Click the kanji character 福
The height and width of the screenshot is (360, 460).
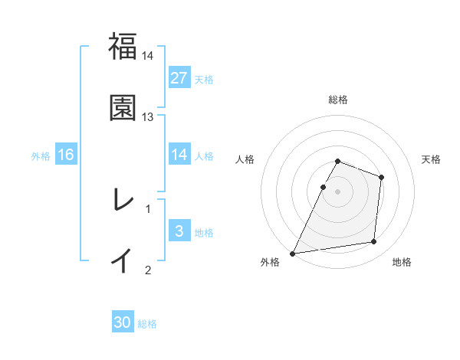(x=122, y=46)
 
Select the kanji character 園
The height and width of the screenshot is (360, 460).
(x=122, y=108)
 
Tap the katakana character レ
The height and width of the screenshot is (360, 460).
(x=122, y=199)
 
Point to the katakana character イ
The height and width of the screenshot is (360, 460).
(x=122, y=260)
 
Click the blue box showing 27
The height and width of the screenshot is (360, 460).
(x=179, y=78)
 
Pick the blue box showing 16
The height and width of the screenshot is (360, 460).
(x=66, y=155)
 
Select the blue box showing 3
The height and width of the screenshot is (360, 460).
(x=179, y=231)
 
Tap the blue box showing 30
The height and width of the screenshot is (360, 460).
(x=123, y=323)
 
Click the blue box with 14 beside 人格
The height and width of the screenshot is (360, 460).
(x=179, y=155)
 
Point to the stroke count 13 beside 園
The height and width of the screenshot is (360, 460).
(x=148, y=117)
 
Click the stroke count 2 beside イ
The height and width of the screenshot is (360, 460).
(x=148, y=270)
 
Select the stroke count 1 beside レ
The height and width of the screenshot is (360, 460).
(x=148, y=208)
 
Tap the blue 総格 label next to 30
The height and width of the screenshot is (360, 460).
(x=147, y=324)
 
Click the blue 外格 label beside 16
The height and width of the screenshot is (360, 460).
(x=41, y=156)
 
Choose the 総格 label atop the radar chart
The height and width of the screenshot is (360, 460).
(x=338, y=100)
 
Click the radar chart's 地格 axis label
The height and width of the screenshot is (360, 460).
(x=402, y=262)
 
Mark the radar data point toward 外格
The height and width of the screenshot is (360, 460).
(x=293, y=253)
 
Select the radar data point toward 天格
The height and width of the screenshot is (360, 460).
(x=381, y=177)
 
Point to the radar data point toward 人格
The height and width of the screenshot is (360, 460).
(x=323, y=187)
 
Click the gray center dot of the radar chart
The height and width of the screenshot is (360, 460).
(x=338, y=191)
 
